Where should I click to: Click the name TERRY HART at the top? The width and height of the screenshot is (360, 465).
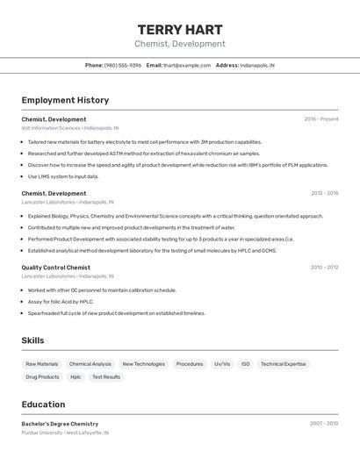(x=180, y=30)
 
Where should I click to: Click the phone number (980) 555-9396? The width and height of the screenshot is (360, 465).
(x=122, y=65)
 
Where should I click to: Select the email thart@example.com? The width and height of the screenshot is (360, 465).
(x=186, y=65)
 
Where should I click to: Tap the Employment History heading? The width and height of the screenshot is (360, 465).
(x=65, y=100)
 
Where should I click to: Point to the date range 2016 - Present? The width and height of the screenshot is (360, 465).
(x=321, y=119)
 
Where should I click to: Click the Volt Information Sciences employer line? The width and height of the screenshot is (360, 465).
(x=69, y=128)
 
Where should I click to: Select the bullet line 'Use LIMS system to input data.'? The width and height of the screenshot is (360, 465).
(x=63, y=176)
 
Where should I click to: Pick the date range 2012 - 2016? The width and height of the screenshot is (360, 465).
(x=324, y=193)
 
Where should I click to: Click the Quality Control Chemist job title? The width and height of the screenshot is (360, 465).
(x=55, y=268)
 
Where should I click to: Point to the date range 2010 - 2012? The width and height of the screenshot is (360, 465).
(x=324, y=268)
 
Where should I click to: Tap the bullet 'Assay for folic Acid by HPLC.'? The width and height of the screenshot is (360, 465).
(x=61, y=301)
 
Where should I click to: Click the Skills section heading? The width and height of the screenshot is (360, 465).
(x=32, y=340)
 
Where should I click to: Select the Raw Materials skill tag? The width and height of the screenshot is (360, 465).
(x=42, y=364)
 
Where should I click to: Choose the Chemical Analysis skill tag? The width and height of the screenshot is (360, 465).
(x=90, y=364)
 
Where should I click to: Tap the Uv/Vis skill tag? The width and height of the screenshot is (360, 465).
(x=222, y=364)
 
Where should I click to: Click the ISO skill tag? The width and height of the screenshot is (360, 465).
(x=246, y=364)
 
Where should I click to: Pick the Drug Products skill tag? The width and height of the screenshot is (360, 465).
(x=42, y=377)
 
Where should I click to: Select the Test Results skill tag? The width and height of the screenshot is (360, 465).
(x=106, y=377)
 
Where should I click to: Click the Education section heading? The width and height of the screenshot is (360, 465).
(x=43, y=404)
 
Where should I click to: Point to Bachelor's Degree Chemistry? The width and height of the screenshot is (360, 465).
(x=60, y=424)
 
